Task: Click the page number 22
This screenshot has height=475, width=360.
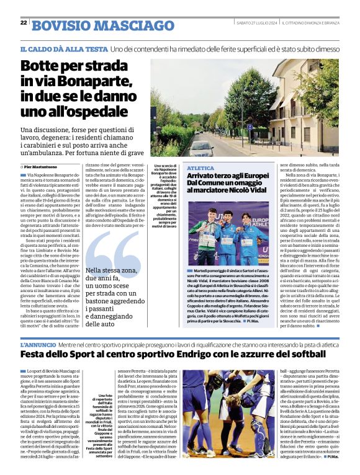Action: pos(24,23)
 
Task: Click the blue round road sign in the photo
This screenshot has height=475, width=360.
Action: pos(250,127)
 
